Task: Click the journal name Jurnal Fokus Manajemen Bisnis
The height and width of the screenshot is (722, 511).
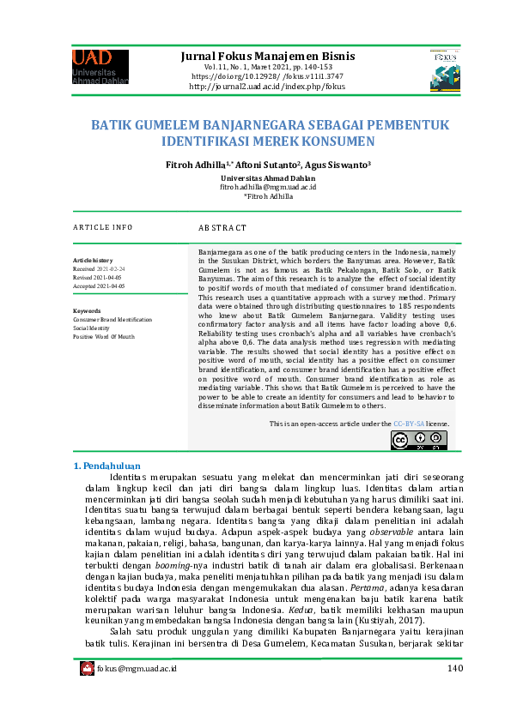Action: (267, 57)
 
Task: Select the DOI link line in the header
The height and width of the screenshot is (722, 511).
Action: (267, 76)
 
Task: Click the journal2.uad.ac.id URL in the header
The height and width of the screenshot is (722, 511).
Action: (267, 87)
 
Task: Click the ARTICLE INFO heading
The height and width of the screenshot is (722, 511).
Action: (102, 227)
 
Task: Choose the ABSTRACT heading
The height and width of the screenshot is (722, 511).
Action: (222, 228)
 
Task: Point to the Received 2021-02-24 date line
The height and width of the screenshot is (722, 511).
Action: (98, 268)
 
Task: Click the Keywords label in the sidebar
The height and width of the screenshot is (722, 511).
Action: (88, 310)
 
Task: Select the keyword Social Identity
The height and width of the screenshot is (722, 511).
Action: (91, 328)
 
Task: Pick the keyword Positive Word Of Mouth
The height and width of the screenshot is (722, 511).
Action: (104, 337)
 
